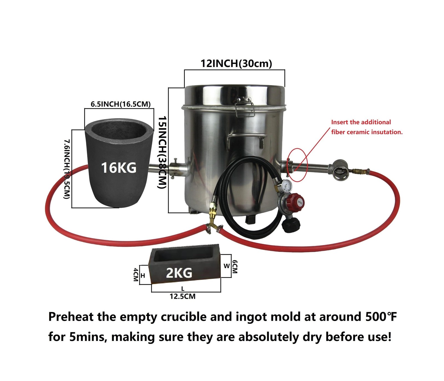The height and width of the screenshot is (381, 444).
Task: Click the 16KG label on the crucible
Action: pos(118,168)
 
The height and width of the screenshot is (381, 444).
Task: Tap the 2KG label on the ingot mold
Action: pos(179,273)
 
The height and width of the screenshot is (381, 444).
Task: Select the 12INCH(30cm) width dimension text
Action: pos(236,64)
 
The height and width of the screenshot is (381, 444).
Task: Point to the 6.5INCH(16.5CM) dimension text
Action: pos(121,104)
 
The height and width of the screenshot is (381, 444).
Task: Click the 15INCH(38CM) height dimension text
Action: pos(162,152)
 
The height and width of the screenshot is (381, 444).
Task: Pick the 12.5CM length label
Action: pos(183,297)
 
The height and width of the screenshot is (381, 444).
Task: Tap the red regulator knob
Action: pos(297,202)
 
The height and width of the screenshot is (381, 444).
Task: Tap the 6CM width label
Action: pos(234,267)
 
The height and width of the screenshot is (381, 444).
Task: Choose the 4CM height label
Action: pos(136,275)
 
